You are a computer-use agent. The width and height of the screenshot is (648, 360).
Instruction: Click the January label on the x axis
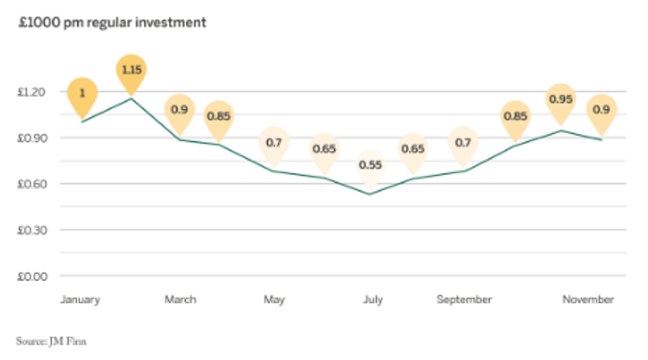coord(80,300)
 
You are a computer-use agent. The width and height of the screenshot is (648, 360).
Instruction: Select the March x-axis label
coord(180,300)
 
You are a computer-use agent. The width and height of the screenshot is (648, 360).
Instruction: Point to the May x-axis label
coord(274,300)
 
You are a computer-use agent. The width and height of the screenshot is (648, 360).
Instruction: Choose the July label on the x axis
coord(372,300)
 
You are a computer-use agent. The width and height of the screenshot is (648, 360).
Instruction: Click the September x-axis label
coord(464,300)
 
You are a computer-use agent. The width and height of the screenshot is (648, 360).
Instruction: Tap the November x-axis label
coord(588,300)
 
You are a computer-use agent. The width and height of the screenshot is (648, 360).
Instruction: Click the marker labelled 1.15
coord(131,71)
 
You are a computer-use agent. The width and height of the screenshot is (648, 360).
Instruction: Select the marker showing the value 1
coord(83,93)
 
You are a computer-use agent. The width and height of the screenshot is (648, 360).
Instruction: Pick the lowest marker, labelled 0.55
coord(371,165)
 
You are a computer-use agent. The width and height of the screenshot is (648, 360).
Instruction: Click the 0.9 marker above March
coord(179,110)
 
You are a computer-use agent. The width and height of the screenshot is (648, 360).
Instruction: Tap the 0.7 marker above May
coord(274,142)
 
